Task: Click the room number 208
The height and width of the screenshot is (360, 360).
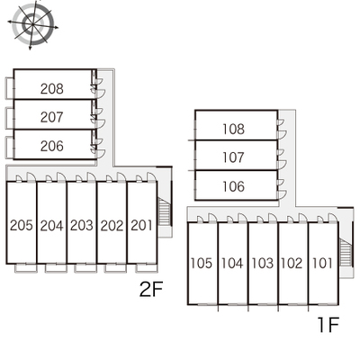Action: pos(52,89)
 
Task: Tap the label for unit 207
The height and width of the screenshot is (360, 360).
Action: pos(52,117)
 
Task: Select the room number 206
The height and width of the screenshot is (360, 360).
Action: pos(52,146)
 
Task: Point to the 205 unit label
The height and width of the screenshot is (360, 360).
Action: pos(22,225)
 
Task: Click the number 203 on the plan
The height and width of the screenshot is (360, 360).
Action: pos(82,225)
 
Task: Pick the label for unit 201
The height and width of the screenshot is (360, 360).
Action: pos(141,225)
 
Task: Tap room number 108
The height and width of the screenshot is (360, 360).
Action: pos(233,129)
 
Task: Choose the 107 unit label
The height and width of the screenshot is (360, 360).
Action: pos(233,157)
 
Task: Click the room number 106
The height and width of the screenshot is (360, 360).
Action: pos(233,186)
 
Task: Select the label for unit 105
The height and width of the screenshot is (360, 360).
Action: pos(202,263)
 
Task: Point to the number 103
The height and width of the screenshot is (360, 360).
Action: pos(263,263)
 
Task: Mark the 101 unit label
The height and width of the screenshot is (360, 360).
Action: pos(322,263)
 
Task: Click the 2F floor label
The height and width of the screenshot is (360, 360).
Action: pos(151,290)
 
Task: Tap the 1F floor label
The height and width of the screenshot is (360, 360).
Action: pos(328,325)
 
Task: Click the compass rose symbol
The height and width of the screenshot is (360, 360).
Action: pos(32,23)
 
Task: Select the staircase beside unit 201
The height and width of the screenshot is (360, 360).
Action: pos(165,213)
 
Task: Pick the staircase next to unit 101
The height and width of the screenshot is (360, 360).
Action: pos(346,252)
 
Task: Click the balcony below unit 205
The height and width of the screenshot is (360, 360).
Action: pos(26,268)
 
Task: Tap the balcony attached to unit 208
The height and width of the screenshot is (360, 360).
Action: pos(10,87)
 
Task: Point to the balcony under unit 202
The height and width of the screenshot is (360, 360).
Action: pos(116,268)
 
